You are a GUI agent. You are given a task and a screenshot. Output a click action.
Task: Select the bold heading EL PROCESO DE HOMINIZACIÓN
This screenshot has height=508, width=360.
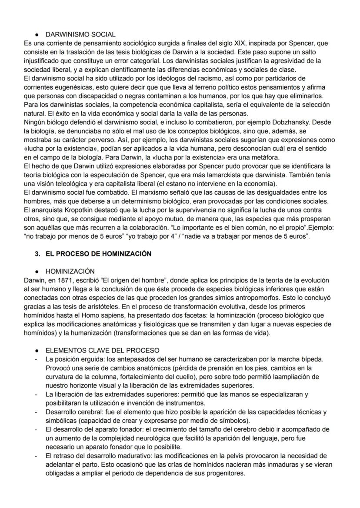click(x=98, y=254)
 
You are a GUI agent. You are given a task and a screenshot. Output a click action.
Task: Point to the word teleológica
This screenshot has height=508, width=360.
click(x=63, y=184)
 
